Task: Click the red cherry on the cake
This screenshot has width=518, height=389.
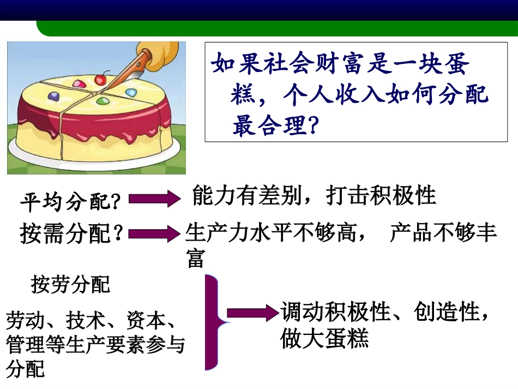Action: pyautogui.click(x=100, y=80)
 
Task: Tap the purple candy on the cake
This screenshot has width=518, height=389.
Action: pyautogui.click(x=54, y=96)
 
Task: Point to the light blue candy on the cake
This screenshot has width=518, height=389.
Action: pyautogui.click(x=131, y=93)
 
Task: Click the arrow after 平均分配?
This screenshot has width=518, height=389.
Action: pyautogui.click(x=153, y=199)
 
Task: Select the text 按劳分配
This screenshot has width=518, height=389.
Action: pyautogui.click(x=70, y=284)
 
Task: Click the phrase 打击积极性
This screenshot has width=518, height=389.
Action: pyautogui.click(x=381, y=195)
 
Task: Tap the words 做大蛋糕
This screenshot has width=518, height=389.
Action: pyautogui.click(x=325, y=338)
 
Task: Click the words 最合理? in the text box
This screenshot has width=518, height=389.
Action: pyautogui.click(x=275, y=127)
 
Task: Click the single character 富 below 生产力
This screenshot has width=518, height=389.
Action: pyautogui.click(x=195, y=259)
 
